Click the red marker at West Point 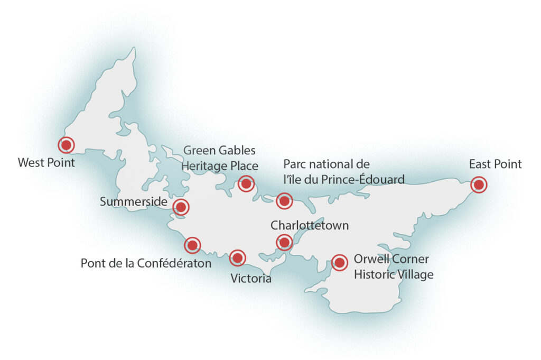point(66,144)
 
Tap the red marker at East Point point(479,184)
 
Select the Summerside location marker point(181,207)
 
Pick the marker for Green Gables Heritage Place point(246,183)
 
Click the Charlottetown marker point(284,243)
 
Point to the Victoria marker point(237,257)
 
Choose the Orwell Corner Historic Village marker point(339,262)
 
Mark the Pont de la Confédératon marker point(192,245)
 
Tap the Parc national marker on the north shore point(284,200)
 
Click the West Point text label point(46,162)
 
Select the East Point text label point(495,164)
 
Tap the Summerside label point(134,202)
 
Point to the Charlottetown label point(310,226)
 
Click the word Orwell point(369,260)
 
